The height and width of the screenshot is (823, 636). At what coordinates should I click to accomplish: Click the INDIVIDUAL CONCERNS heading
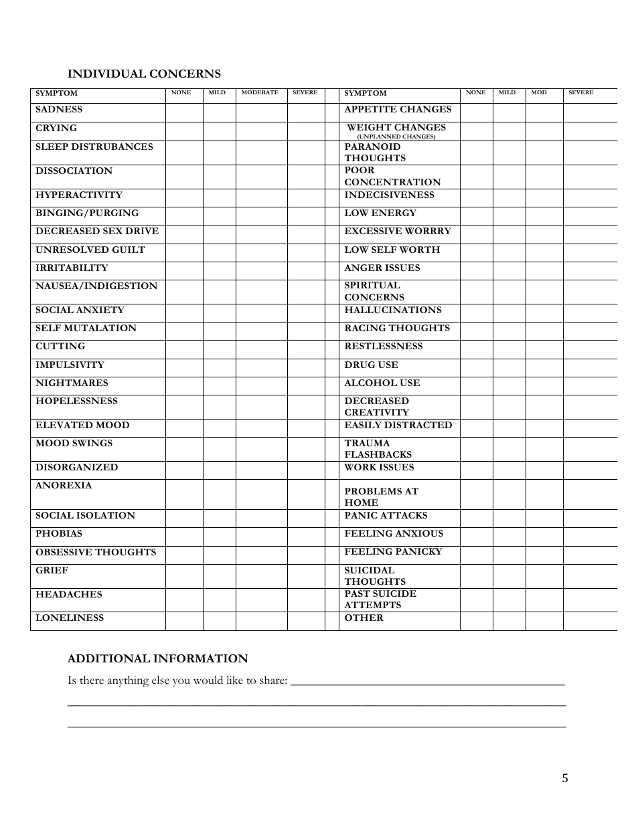[144, 74]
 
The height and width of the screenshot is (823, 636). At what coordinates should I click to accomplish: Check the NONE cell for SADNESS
[184, 112]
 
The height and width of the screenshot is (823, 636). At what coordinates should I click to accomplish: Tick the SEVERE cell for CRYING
[306, 131]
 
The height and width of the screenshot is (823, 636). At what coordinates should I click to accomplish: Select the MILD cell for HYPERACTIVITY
[219, 198]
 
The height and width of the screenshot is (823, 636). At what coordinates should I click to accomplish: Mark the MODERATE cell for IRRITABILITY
[262, 270]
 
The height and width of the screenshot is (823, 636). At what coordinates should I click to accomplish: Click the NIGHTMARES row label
[72, 383]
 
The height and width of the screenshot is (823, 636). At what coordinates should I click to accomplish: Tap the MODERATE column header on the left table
[260, 92]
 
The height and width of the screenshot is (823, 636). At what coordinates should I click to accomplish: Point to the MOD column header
[539, 92]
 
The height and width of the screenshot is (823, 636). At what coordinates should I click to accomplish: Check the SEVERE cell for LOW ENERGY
[590, 216]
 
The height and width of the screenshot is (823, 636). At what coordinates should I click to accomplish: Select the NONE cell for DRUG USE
[476, 368]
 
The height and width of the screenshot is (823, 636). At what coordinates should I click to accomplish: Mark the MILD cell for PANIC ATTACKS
[509, 519]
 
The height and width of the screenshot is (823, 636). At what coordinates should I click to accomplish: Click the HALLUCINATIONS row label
[393, 310]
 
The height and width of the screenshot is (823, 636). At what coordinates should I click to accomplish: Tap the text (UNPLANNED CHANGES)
[396, 136]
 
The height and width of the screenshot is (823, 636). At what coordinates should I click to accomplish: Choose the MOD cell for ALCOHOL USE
[544, 386]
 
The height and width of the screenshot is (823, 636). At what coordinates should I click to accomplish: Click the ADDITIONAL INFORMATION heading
[158, 658]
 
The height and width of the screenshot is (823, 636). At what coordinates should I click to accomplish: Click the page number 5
[565, 778]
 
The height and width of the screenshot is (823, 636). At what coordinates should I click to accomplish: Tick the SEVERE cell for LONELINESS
[306, 621]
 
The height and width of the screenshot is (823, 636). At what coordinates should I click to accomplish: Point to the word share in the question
[272, 680]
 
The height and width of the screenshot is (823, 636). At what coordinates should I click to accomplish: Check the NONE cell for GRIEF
[184, 576]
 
